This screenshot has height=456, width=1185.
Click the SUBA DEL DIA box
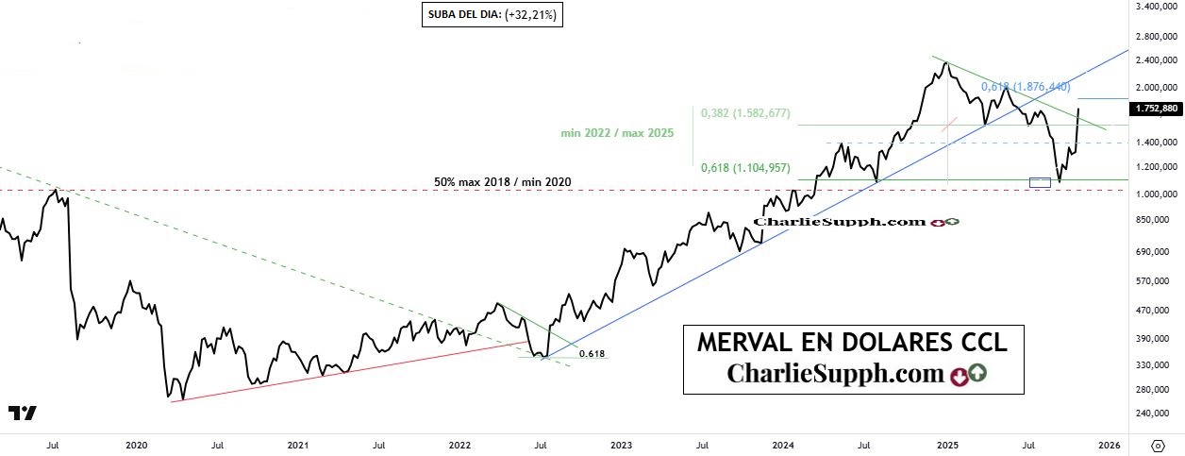pos(492,15)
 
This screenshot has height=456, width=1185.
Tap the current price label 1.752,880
pos(1157,109)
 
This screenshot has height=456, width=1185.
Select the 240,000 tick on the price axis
pos(1156,413)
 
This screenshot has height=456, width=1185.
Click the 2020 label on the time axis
pos(136,444)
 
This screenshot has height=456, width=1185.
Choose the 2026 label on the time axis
pos(1109,444)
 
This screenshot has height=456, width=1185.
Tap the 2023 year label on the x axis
pos(621,444)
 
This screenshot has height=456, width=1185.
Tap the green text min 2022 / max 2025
pos(617,134)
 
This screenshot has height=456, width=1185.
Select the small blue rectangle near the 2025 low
pos(1040,182)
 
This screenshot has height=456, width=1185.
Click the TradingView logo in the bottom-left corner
pos(23,413)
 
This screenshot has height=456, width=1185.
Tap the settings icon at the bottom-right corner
pos(1157,444)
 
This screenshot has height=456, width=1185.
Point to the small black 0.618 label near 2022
pos(592,353)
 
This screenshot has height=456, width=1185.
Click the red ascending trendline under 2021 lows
pos(349,371)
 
